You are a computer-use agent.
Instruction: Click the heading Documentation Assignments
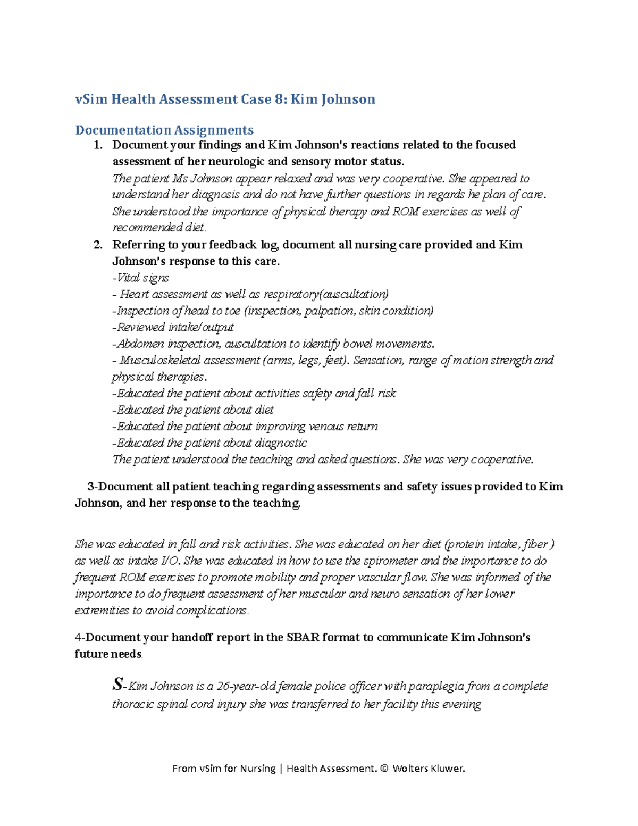click(164, 130)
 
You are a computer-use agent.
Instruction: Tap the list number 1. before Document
click(97, 145)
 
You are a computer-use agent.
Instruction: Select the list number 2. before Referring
click(97, 245)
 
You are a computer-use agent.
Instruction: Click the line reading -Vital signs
click(140, 278)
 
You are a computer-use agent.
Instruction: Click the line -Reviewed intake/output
click(173, 327)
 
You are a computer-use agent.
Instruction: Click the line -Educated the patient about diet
click(193, 410)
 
